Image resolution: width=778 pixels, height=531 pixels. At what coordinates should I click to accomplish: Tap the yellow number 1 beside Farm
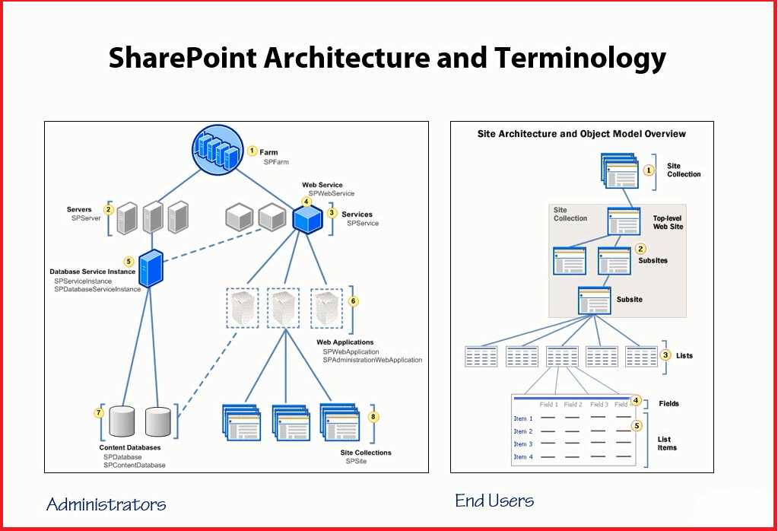pos(252,151)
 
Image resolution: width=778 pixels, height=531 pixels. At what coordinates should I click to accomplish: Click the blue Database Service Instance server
pos(151,268)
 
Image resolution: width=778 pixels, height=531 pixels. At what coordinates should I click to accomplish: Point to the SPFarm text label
pos(276,162)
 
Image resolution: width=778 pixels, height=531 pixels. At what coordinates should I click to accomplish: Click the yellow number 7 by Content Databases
pos(99,413)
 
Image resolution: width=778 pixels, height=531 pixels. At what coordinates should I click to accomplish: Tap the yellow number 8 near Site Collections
pos(373,417)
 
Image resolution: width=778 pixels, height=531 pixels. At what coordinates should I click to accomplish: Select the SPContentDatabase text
pos(134,465)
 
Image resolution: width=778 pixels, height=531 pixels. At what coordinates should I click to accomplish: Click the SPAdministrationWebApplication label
pos(372,360)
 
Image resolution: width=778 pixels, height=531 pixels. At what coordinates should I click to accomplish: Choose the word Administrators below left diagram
pos(106,504)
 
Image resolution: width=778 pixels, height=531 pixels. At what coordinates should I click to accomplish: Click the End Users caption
pos(494,501)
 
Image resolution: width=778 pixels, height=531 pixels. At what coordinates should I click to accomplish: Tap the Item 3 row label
pos(523,444)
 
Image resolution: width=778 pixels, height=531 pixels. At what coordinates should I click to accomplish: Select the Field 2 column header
pos(573,405)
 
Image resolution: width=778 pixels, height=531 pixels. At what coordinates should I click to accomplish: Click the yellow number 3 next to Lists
pos(665,355)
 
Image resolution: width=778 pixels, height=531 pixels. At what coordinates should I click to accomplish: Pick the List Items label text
pos(667,444)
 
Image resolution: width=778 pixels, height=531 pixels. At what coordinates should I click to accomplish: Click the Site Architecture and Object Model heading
pos(581,134)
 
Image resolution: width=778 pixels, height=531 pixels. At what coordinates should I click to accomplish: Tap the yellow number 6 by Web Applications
pos(353,300)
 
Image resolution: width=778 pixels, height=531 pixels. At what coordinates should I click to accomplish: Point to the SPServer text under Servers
pos(86,218)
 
